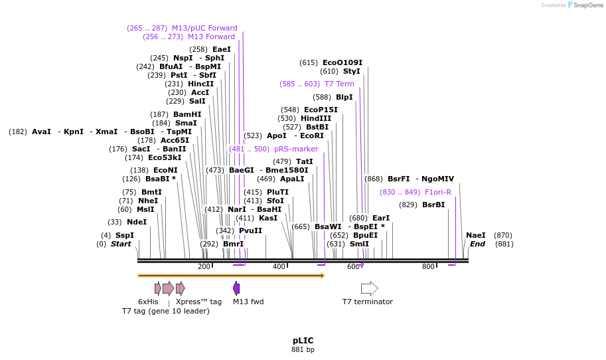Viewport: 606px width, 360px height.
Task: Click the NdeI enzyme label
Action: [x=137, y=222]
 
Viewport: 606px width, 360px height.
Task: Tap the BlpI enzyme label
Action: [x=344, y=97]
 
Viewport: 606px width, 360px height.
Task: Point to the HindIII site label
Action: [x=316, y=118]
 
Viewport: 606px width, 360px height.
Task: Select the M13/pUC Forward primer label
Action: [x=204, y=28]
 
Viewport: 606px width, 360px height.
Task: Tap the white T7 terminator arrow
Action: [x=369, y=288]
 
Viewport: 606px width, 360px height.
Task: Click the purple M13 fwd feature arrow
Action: [x=236, y=288]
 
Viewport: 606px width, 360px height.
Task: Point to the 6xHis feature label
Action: [x=148, y=302]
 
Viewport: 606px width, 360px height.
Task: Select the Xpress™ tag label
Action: [x=198, y=302]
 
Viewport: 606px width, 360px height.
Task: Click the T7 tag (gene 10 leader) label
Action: [x=165, y=311]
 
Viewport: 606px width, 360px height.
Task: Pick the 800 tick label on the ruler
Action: [x=428, y=267]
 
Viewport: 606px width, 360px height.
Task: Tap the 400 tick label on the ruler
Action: [x=279, y=267]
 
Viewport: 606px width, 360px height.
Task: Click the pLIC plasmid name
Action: [x=303, y=340]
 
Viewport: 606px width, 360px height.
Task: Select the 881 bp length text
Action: [x=303, y=349]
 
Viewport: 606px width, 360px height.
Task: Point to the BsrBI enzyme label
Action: [x=433, y=205]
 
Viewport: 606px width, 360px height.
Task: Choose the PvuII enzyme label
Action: [x=250, y=230]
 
